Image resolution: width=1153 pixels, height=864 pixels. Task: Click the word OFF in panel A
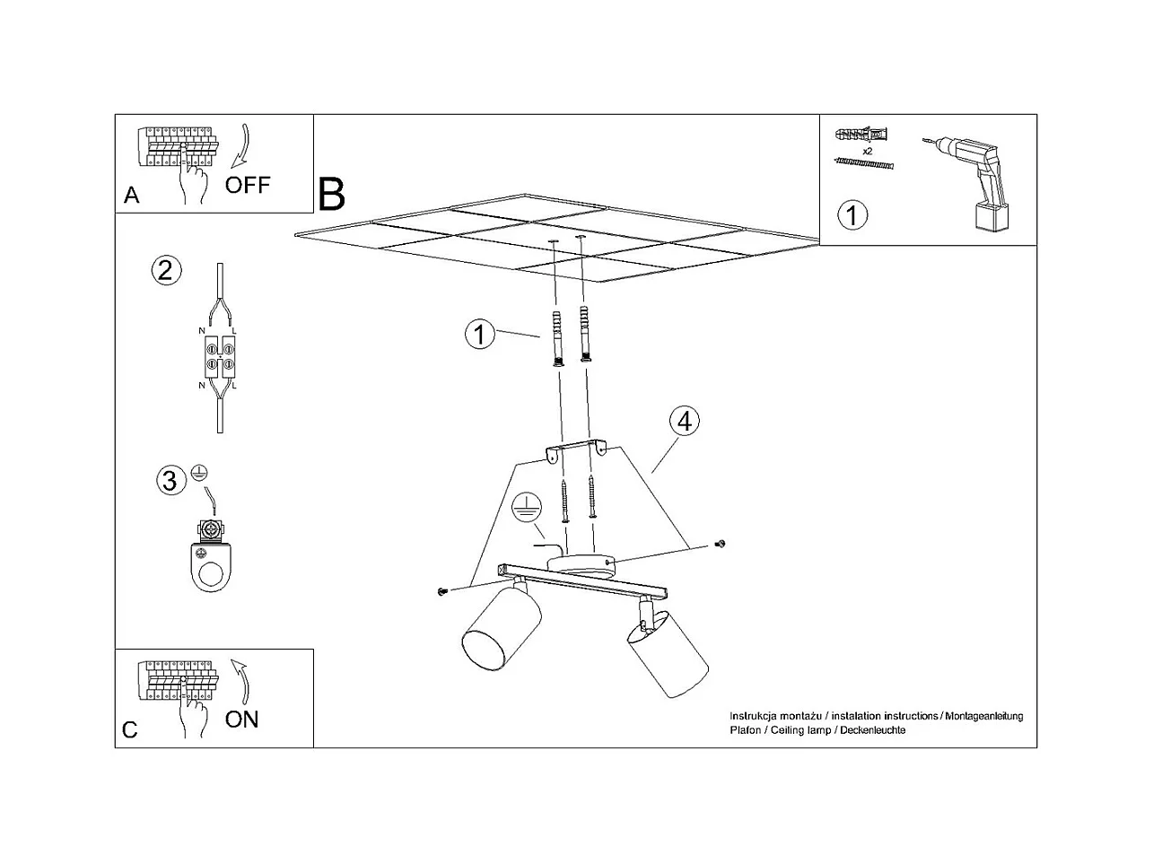point(247,186)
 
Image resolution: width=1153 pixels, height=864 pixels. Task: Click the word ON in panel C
point(241,719)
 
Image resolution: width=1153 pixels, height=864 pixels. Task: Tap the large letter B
point(331,192)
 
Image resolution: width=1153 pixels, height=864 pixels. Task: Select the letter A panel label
point(132,196)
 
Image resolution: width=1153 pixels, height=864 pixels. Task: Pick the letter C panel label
point(130,729)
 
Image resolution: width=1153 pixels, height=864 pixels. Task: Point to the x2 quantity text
point(867,152)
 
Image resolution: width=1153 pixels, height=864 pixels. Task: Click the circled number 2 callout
point(165,270)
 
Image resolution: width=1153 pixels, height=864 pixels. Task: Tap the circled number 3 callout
point(169,481)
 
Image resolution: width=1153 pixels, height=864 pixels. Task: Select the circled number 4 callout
point(684,421)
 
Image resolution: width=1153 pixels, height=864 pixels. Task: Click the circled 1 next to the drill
point(852,215)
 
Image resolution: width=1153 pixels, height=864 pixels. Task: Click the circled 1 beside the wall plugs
point(480,335)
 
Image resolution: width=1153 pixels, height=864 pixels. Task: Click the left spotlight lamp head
point(501,625)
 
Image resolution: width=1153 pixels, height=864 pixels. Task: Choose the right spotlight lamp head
point(668,653)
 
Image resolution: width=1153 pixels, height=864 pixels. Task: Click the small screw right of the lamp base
point(719,544)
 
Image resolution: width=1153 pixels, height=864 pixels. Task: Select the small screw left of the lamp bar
point(441,591)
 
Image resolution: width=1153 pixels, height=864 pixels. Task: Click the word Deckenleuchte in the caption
point(873,730)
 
